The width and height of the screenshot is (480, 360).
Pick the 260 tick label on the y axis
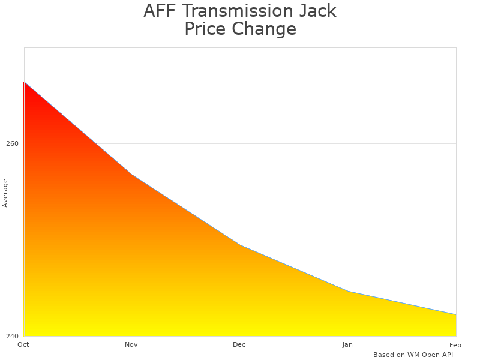coord(13,144)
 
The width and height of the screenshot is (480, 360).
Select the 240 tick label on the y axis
coord(13,336)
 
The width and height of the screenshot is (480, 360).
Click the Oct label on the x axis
coord(23,344)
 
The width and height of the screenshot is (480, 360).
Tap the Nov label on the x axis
coord(131,344)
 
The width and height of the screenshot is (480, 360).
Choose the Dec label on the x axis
coord(239,344)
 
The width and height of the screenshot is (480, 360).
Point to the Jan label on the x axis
coord(347,344)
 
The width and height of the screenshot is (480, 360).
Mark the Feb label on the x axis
coord(455,344)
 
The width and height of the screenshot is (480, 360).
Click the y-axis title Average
coord(5,193)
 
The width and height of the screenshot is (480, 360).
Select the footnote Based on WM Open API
coord(413,355)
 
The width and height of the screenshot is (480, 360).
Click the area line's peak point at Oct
coord(24,82)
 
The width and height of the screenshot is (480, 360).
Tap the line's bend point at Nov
coord(132,175)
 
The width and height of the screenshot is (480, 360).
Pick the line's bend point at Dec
coord(240,245)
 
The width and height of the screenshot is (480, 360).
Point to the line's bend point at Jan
coord(348,291)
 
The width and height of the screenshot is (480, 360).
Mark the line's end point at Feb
coord(456,314)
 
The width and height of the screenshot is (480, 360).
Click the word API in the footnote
coord(446,355)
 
